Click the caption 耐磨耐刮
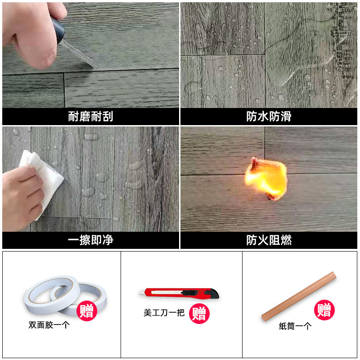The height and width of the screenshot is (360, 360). (90, 117)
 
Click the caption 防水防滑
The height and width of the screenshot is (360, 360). (269, 117)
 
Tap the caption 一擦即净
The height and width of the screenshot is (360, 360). (90, 240)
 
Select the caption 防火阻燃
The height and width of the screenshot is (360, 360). (269, 240)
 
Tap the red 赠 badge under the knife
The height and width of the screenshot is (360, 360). (199, 313)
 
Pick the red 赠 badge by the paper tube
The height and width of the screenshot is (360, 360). (324, 310)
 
